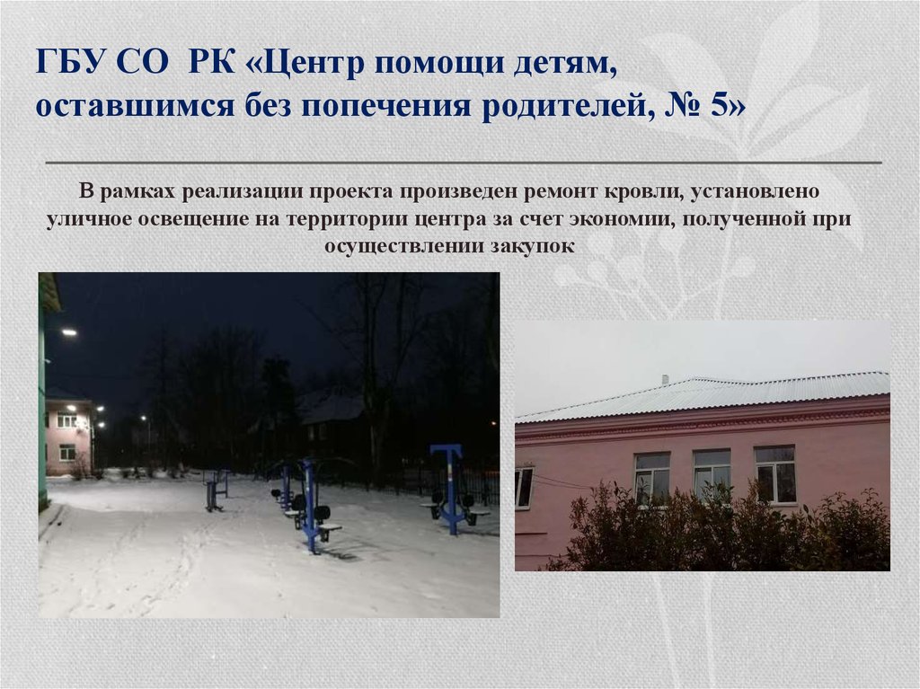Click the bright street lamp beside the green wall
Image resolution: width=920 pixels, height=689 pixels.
click(68, 331)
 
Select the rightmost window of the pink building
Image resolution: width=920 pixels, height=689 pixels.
click(774, 473)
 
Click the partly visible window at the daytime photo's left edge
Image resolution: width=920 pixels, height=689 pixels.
click(523, 487)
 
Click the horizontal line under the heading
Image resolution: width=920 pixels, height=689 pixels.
click(463, 163)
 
